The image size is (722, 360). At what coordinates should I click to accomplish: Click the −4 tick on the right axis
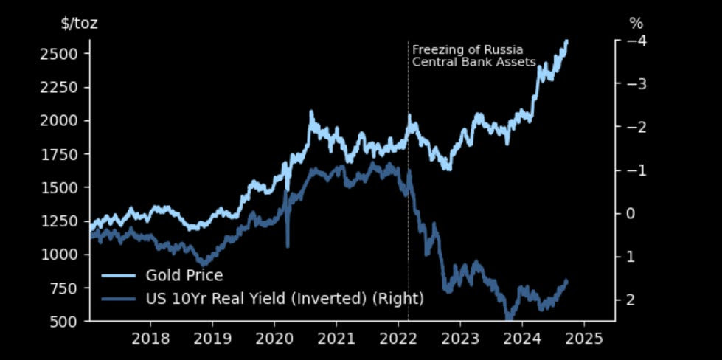pyautogui.click(x=636, y=41)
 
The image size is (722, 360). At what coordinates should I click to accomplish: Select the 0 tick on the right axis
pyautogui.click(x=630, y=213)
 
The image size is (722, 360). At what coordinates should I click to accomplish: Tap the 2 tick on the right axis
pyautogui.click(x=630, y=300)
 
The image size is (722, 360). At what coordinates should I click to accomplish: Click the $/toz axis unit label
pyautogui.click(x=79, y=24)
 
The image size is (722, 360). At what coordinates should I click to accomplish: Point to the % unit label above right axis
pyautogui.click(x=636, y=24)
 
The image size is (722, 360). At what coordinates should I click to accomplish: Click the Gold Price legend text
pyautogui.click(x=184, y=276)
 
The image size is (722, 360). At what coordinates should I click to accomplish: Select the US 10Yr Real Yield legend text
pyautogui.click(x=285, y=299)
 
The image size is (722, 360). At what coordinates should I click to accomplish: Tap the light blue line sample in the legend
pyautogui.click(x=119, y=276)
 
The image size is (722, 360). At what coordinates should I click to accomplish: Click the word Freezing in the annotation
pyautogui.click(x=433, y=50)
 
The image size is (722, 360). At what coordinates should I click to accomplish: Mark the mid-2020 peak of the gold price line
pyautogui.click(x=311, y=113)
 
